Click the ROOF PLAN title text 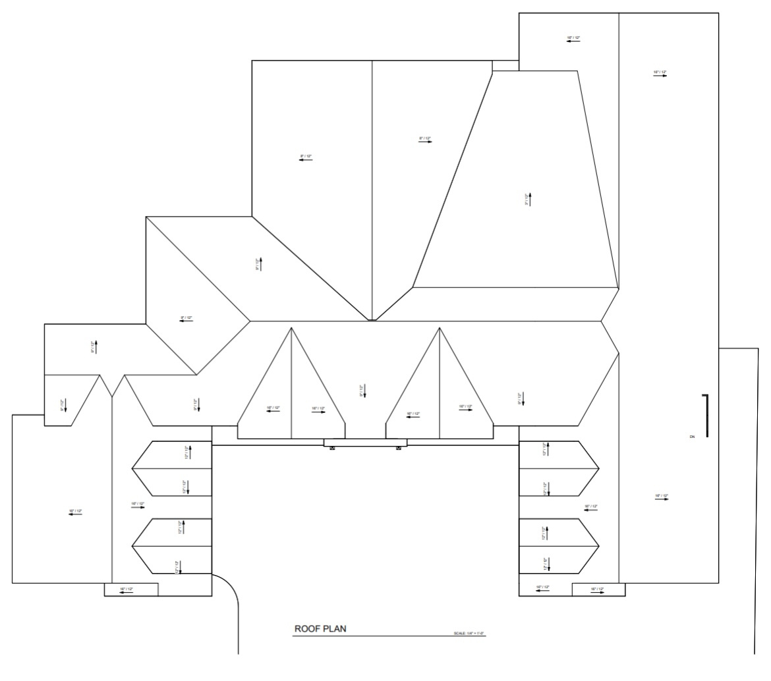pos(320,629)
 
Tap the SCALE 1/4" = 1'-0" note pos(469,634)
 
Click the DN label pos(692,437)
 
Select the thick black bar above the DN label pos(706,415)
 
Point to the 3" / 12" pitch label pos(527,199)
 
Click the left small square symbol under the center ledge pos(332,449)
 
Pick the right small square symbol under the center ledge pos(399,449)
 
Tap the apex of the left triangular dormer pos(291,328)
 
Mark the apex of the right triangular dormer pos(440,328)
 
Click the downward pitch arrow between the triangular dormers pos(364,392)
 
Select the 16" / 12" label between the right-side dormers pos(590,507)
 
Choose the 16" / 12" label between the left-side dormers pos(138,504)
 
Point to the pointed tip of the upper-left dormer pos(132,468)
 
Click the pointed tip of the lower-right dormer pos(598,546)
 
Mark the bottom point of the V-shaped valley pos(113,396)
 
